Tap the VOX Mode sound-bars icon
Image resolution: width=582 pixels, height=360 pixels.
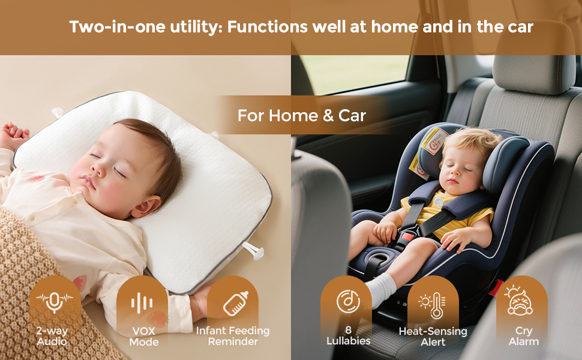(142, 302)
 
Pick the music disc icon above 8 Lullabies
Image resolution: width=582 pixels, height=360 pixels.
(348, 301)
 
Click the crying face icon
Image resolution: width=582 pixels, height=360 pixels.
(520, 301)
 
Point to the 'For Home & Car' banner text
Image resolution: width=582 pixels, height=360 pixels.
(301, 115)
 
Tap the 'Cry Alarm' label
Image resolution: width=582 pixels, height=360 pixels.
(523, 336)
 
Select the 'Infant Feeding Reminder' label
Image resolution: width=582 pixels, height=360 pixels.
(233, 336)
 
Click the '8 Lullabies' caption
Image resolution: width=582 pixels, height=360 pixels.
(348, 335)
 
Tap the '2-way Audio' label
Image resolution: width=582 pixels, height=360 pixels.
(52, 336)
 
